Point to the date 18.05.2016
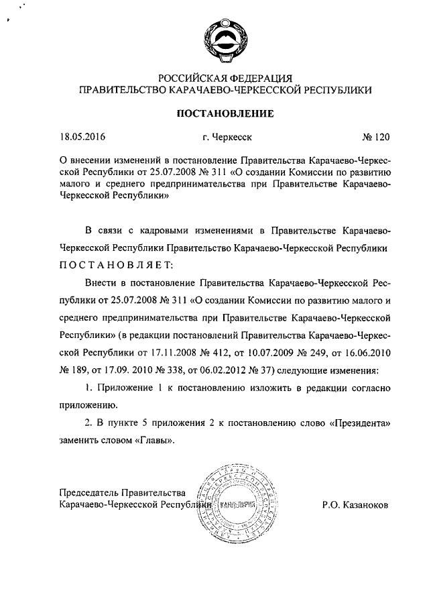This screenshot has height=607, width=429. [x=83, y=138]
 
